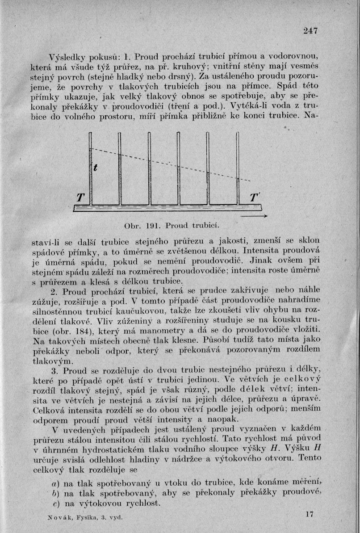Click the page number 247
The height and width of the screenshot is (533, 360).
tap(310, 31)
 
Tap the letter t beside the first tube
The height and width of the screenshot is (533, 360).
tap(95, 168)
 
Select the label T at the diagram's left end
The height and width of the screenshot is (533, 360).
tap(80, 197)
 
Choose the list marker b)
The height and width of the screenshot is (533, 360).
tap(56, 493)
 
